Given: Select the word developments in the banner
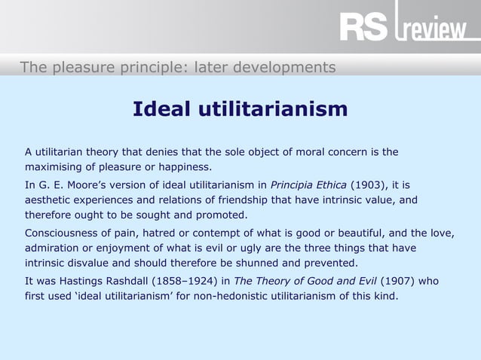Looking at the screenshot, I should click(x=286, y=68).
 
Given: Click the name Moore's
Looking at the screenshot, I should click(x=93, y=185).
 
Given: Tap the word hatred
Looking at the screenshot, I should click(x=171, y=233).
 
